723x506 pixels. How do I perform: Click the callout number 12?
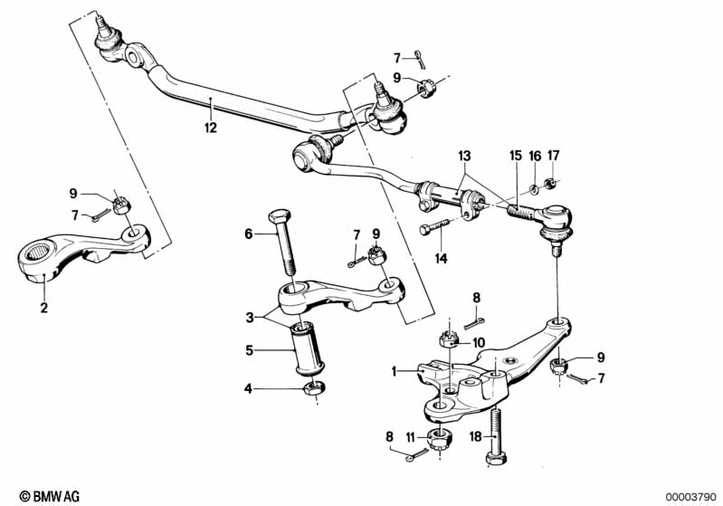click(x=211, y=128)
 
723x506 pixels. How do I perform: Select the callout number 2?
click(x=43, y=307)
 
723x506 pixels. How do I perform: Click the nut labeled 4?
click(x=314, y=388)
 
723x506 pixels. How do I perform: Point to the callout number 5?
click(x=250, y=350)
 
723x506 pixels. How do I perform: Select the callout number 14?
click(x=441, y=258)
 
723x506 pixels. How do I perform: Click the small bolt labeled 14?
click(x=434, y=226)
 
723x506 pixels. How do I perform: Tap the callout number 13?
click(x=464, y=156)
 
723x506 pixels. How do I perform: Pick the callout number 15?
click(x=516, y=156)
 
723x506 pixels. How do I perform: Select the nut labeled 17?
click(x=549, y=183)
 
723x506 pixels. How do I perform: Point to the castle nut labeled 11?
click(x=440, y=438)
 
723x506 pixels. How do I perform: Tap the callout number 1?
click(x=394, y=371)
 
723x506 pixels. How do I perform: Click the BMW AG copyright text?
click(x=50, y=496)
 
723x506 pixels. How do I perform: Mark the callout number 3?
click(x=250, y=318)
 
